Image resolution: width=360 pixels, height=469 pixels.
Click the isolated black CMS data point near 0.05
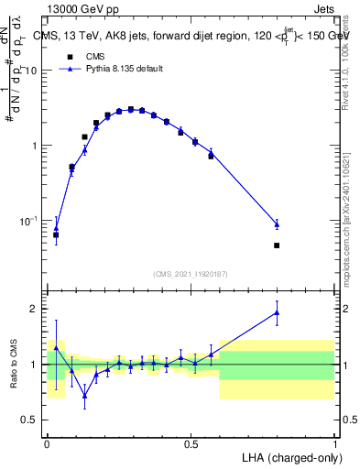pos(56,235)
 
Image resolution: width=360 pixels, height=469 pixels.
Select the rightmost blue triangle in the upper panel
pos(277,224)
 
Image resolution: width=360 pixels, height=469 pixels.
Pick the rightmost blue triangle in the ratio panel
pos(277,312)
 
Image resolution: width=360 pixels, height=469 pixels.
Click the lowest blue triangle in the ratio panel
pos(85,395)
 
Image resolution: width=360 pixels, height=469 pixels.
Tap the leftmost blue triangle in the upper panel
pos(56,228)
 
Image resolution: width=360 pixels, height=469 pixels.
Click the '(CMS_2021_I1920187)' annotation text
pos(191,273)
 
